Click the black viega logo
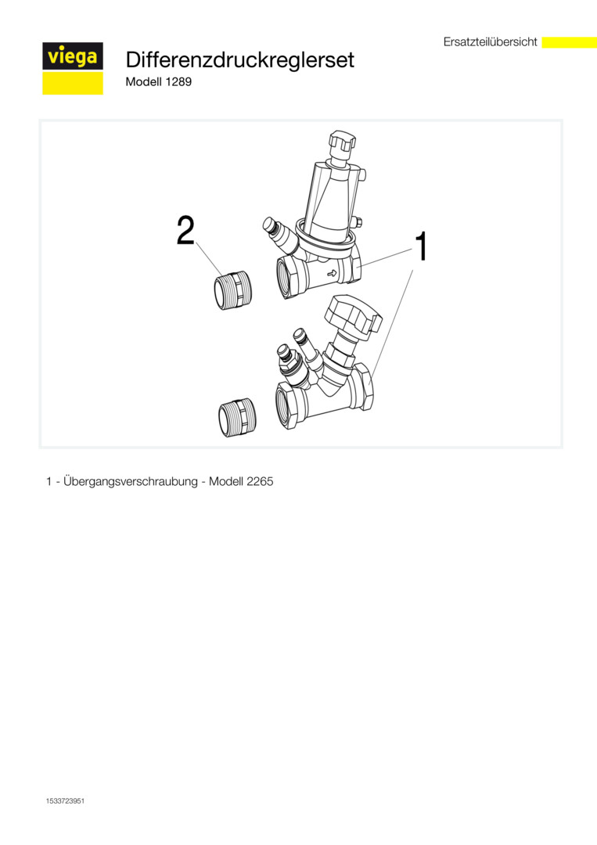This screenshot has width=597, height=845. tap(73, 56)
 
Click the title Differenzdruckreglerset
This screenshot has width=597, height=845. tap(239, 59)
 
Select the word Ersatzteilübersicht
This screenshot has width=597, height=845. tap(491, 42)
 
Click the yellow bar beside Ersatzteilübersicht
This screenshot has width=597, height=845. tap(569, 42)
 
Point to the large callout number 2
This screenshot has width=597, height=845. tap(186, 231)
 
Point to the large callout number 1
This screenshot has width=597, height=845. tap(422, 246)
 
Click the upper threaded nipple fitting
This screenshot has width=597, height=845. tap(233, 291)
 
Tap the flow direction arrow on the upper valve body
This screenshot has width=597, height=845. tap(332, 273)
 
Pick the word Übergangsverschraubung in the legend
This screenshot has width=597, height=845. tap(131, 482)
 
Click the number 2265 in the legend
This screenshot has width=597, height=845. tap(260, 481)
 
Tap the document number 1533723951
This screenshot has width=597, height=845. tap(65, 801)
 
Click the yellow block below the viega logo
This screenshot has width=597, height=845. tap(73, 83)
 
